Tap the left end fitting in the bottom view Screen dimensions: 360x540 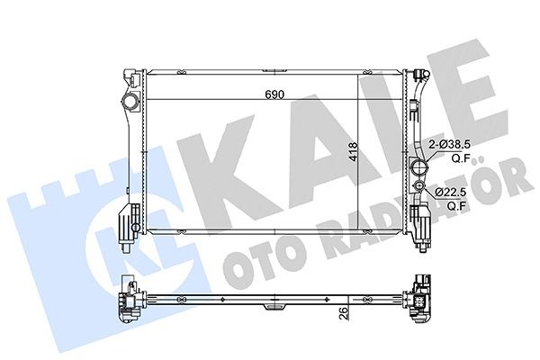coord(129,301)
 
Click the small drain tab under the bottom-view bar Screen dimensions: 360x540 coord(274,309)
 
